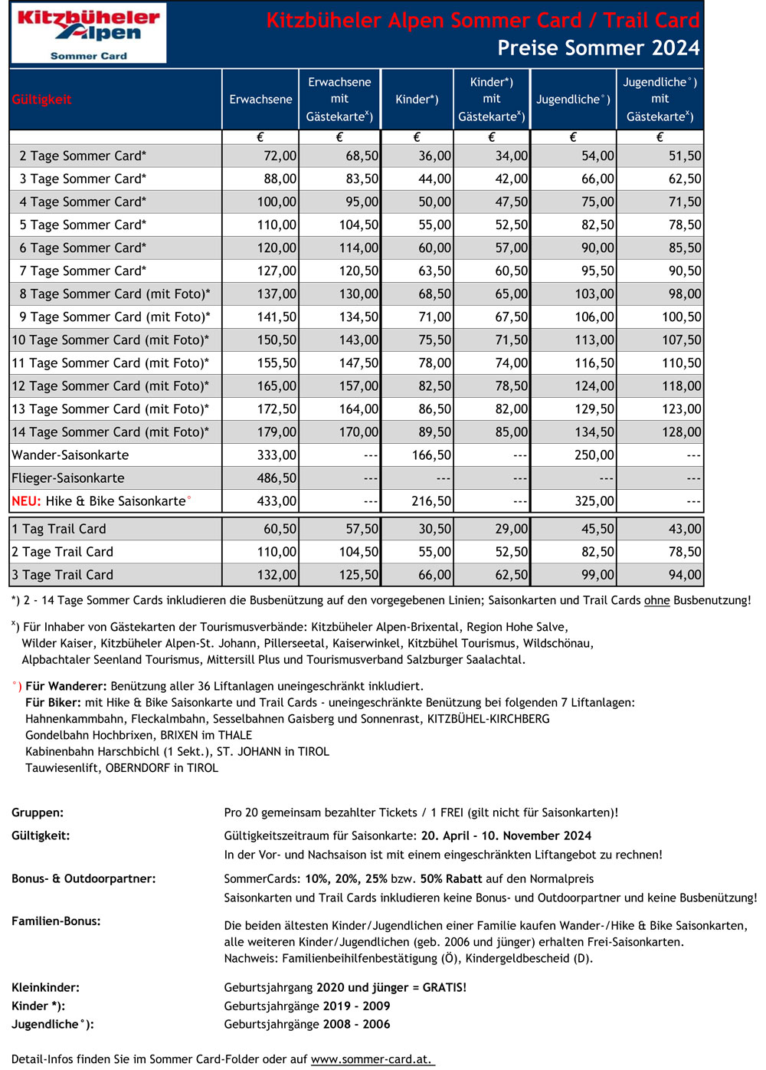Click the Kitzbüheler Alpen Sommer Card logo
coord(89,33)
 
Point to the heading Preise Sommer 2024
coord(598,48)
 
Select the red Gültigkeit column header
coord(42,100)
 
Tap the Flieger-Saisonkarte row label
coord(68,478)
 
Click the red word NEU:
coord(26,501)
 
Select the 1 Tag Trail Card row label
coord(59,529)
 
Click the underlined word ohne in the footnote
coord(656,600)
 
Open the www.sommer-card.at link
coord(372,1059)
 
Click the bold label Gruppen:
coord(38,812)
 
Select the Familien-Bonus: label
coord(56,921)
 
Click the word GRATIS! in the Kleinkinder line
coord(444,988)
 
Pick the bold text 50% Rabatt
coord(451,879)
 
